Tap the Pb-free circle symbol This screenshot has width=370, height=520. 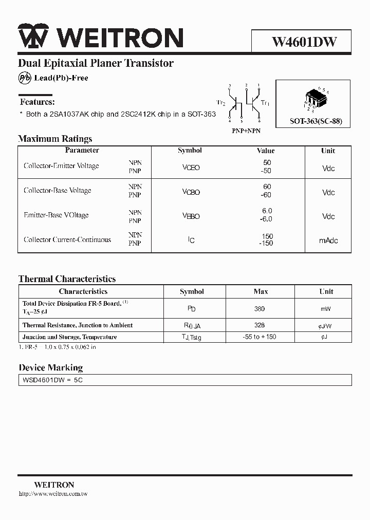pyautogui.click(x=25, y=78)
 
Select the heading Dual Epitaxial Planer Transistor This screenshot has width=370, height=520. pyautogui.click(x=96, y=64)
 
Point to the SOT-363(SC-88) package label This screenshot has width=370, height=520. pyautogui.click(x=316, y=122)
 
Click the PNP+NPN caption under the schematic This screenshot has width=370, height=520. pyautogui.click(x=246, y=131)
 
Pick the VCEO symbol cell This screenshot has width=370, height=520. pyautogui.click(x=191, y=168)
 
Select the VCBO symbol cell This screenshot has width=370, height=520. pyautogui.click(x=191, y=192)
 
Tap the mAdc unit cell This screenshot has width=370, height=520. pyautogui.click(x=328, y=240)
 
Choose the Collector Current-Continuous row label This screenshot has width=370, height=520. pyautogui.click(x=67, y=239)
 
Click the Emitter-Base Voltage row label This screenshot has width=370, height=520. pyautogui.click(x=56, y=215)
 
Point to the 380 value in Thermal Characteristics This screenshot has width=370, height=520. pyautogui.click(x=260, y=309)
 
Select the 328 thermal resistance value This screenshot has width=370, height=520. pyautogui.click(x=260, y=325)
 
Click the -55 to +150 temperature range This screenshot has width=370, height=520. pyautogui.click(x=260, y=337)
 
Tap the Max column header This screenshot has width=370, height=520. pyautogui.click(x=261, y=291)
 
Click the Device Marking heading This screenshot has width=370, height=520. pyautogui.click(x=50, y=368)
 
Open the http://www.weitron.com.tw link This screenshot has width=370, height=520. pyautogui.click(x=53, y=494)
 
